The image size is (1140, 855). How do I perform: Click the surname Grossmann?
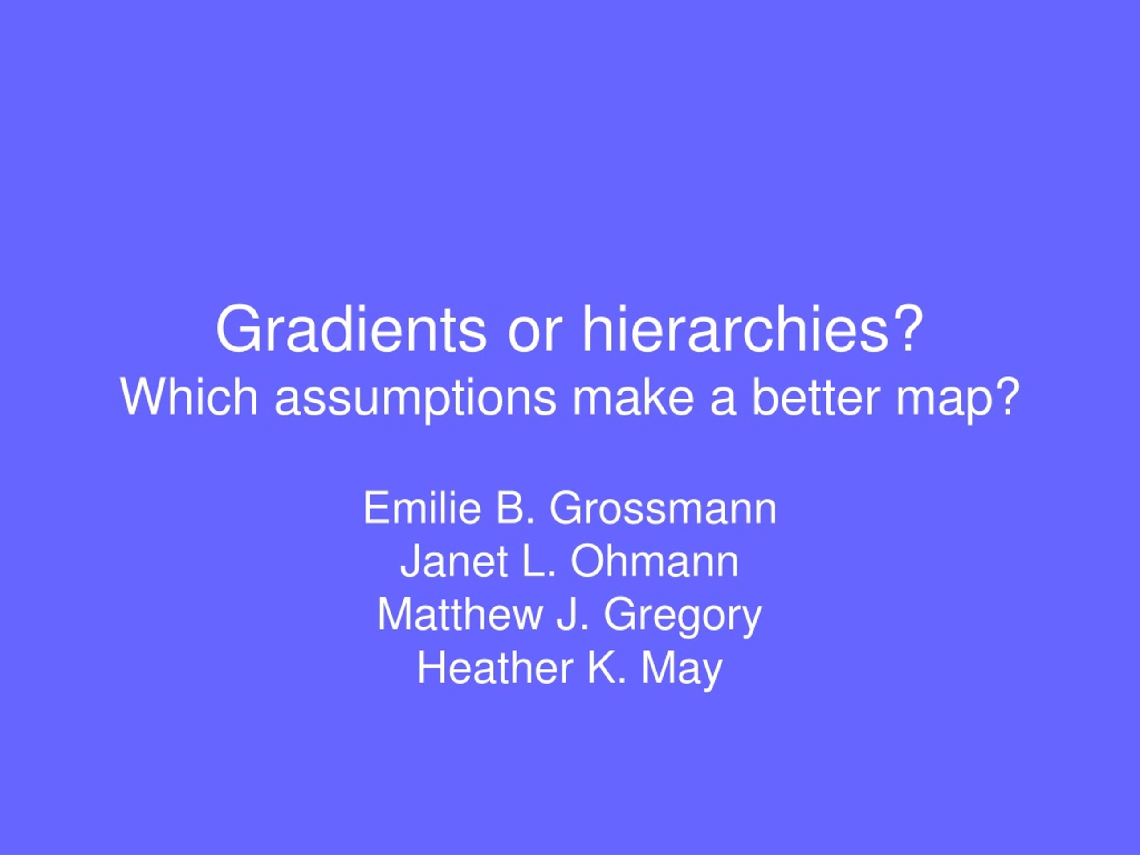[663, 509]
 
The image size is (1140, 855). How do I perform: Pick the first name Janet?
[455, 561]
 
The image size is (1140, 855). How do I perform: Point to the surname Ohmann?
[655, 561]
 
